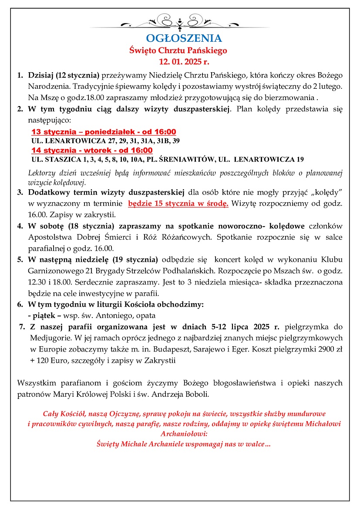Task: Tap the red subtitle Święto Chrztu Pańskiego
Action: [x=178, y=50]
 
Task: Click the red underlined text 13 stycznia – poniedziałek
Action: [x=104, y=132]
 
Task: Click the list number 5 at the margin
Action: [x=20, y=260]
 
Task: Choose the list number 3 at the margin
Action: [x=20, y=192]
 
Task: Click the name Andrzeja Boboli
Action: [x=185, y=395]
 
